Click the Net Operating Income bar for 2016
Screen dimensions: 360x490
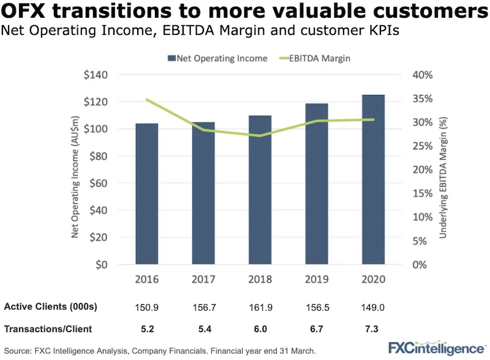(x=147, y=194)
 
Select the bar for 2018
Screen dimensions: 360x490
(x=260, y=190)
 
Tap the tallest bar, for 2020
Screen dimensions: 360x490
(x=373, y=180)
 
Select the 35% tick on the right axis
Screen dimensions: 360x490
(x=423, y=99)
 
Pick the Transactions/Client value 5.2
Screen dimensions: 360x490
(x=147, y=329)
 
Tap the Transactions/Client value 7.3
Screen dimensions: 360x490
(x=373, y=329)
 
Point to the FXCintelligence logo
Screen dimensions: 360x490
(x=433, y=348)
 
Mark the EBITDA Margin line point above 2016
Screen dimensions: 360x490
(x=147, y=99)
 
